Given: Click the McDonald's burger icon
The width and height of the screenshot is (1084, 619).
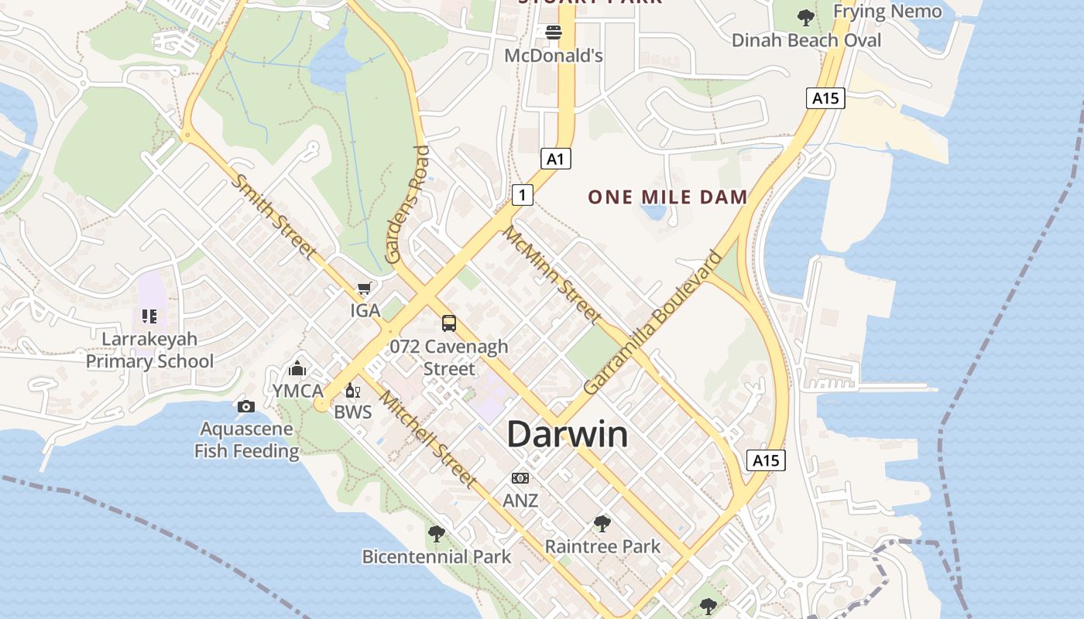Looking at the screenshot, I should tap(554, 32).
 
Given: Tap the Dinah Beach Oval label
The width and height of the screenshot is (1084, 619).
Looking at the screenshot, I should tap(806, 39).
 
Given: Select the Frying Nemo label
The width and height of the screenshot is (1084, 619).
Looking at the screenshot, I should tap(887, 11).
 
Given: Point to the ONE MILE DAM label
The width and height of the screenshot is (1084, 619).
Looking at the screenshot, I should tap(667, 197).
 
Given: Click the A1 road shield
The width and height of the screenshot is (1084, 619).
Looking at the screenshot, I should tap(555, 159).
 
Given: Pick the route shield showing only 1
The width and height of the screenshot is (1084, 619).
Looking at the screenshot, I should tap(523, 194).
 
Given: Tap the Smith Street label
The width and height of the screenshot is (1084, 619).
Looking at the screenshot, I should tap(274, 217).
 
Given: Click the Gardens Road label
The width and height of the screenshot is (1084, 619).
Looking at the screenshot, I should tap(408, 204).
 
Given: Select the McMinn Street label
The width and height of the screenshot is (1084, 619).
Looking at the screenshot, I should tap(551, 273).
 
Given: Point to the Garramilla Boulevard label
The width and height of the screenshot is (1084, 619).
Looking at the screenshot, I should tap(652, 322).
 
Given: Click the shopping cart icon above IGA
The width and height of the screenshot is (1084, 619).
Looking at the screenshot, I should tap(365, 289).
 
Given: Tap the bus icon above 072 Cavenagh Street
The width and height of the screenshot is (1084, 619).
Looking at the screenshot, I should tap(449, 323).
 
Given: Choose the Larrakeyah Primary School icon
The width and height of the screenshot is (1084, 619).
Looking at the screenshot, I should tap(149, 316).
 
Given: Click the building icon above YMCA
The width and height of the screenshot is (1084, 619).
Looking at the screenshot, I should tap(297, 368).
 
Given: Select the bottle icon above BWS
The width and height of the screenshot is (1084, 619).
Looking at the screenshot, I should tap(352, 390).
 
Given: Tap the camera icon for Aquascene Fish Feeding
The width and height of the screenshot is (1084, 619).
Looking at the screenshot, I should tap(246, 406).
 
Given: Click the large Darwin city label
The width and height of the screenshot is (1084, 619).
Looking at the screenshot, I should tap(567, 434).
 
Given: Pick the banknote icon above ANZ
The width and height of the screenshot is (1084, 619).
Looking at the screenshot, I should tap(520, 478).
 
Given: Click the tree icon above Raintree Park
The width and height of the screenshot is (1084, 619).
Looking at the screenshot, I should tap(602, 524).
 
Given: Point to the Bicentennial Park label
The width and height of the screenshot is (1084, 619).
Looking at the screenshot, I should tap(437, 556).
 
